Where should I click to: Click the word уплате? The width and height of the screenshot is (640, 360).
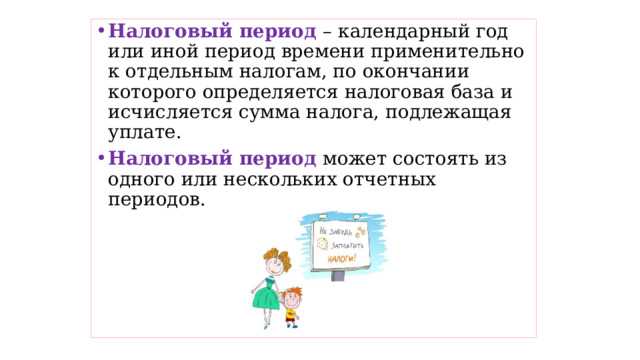(x=144, y=133)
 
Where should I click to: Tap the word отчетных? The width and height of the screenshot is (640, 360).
(x=422, y=179)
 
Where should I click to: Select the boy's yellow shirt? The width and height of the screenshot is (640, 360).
(x=292, y=314)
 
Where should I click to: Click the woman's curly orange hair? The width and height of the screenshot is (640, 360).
(x=273, y=259)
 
